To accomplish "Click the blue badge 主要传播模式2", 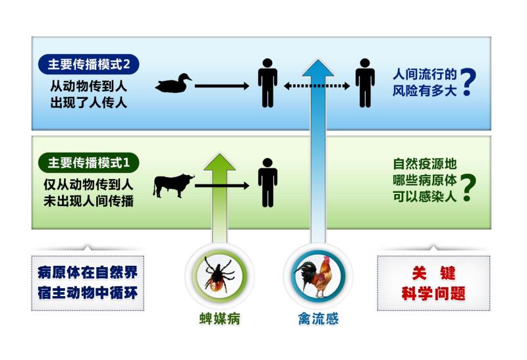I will [90, 65].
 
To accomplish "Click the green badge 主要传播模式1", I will [90, 161].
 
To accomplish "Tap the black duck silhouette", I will [173, 84].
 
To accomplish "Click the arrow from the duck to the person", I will [221, 85].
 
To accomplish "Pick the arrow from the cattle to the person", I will [221, 186].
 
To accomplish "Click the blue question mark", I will [467, 82].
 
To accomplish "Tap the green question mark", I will [467, 187].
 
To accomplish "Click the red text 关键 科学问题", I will [433, 283].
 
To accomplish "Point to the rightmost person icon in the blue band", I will [364, 83].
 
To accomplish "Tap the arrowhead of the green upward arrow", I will [217, 163].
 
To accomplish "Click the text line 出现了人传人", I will [88, 102].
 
